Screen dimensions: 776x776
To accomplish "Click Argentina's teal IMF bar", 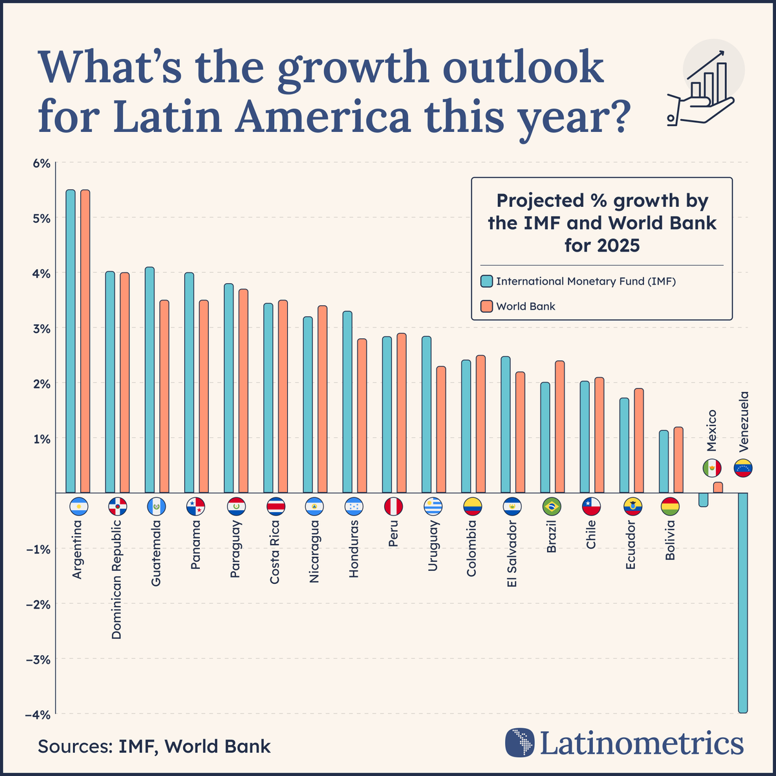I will point(70,341).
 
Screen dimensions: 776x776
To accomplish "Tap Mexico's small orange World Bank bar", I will point(718,488).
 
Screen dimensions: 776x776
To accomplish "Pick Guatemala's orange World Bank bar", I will point(164,396).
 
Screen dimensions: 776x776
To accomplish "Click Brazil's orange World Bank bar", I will point(560,427).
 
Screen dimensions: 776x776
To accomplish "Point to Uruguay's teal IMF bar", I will point(426,415).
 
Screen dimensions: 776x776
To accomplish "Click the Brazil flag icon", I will point(552,506).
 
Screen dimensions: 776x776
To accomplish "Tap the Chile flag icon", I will point(592,506).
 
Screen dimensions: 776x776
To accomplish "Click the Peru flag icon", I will point(394,506).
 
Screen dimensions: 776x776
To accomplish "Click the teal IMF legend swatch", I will point(486,281).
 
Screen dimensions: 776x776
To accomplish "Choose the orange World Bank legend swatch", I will point(486,306).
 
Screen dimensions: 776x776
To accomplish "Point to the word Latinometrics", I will point(640,742).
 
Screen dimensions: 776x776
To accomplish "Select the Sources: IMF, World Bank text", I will point(155,746).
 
